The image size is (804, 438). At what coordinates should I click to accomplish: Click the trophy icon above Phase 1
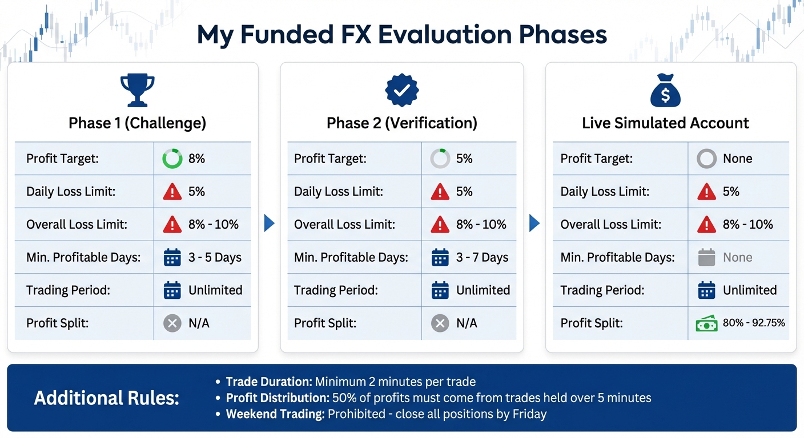point(137,90)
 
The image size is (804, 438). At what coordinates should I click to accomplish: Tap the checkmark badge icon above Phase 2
point(402,90)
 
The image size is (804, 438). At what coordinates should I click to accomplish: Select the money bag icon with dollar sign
point(665,91)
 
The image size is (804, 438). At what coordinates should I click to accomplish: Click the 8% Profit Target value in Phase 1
point(196,159)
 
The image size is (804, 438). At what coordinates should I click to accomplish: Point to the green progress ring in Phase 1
point(172,159)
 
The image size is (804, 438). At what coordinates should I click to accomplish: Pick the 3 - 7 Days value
point(482,257)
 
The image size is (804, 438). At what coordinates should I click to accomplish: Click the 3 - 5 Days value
point(215,257)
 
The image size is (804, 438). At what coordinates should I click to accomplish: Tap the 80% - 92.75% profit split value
point(754,323)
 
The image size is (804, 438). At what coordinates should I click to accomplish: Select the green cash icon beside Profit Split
point(706,323)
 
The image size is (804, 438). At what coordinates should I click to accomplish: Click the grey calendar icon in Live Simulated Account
point(706,258)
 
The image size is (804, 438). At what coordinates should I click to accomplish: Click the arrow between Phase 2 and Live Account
point(534,224)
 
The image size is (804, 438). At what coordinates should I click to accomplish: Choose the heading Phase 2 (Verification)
point(401,123)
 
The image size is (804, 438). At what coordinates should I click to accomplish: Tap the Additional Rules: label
point(107,398)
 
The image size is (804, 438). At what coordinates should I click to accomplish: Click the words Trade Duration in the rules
point(268,382)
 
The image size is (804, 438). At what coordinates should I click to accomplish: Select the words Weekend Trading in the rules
point(275,413)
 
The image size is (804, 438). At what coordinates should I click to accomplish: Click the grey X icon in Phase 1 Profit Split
point(172,323)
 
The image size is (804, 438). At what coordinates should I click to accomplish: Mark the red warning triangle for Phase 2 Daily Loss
point(440,192)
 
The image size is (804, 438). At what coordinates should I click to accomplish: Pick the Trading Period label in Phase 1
point(68,290)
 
